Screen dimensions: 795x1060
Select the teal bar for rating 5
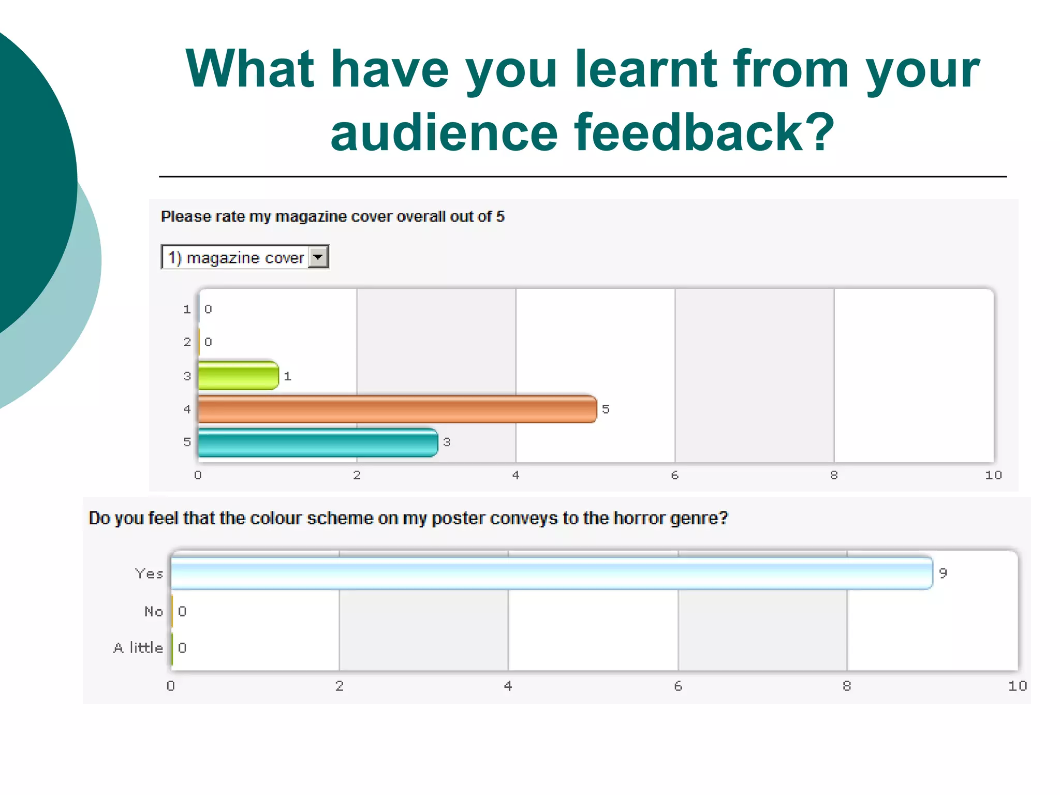(318, 443)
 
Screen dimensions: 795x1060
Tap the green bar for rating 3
(238, 376)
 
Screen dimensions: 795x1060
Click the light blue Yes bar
(551, 573)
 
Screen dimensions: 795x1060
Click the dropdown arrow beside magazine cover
(318, 257)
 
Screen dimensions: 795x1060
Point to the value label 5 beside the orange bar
(606, 409)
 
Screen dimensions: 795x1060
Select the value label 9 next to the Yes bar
(943, 573)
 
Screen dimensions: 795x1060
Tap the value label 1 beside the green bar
(288, 376)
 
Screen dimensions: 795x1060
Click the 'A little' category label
(138, 648)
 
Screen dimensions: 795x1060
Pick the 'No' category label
(154, 612)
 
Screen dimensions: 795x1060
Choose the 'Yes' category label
(149, 573)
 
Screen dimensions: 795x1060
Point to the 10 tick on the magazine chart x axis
(993, 475)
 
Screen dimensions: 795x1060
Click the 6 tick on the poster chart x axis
(678, 686)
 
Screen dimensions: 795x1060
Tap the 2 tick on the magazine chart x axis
(357, 475)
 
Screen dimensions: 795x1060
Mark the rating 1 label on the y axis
(187, 310)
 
